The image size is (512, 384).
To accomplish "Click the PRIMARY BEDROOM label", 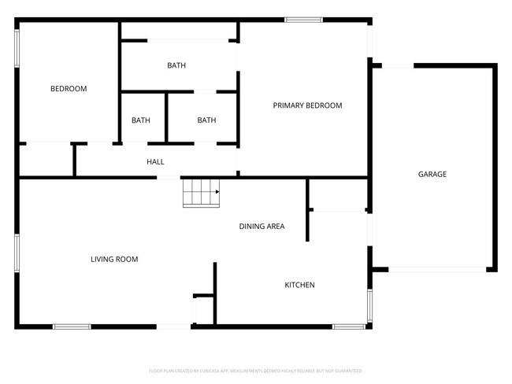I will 307,105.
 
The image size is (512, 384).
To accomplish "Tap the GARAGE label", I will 432,174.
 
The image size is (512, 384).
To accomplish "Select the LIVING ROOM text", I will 114,259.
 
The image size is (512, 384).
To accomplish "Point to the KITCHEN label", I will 299,285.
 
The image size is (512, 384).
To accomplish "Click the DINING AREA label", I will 262,227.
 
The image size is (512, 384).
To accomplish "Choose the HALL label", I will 155,162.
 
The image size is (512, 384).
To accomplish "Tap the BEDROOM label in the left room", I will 69,89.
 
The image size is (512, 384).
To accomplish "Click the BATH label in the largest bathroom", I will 176,65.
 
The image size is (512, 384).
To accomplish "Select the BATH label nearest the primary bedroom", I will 206,120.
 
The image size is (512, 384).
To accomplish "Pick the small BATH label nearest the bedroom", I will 141,120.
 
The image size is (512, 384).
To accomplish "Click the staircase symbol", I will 200,193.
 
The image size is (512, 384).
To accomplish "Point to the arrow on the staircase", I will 215,190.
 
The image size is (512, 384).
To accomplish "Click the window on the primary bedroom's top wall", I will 303,20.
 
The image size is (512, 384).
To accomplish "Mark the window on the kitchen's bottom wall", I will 347,326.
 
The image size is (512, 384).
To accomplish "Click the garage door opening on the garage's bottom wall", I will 437,270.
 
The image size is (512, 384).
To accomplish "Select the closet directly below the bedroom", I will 46,160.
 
